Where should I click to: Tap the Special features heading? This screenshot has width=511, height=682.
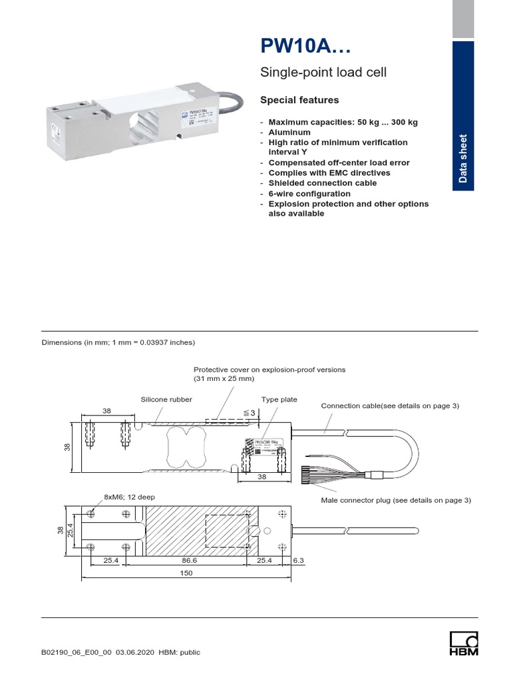pyautogui.click(x=299, y=100)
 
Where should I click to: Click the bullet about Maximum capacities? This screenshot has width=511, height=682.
pyautogui.click(x=344, y=123)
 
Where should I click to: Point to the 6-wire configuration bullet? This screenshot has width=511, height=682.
pyautogui.click(x=309, y=193)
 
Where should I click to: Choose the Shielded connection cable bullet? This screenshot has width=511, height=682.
pyautogui.click(x=322, y=182)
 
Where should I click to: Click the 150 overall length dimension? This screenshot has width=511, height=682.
pyautogui.click(x=186, y=573)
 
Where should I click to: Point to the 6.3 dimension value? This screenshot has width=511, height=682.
pyautogui.click(x=298, y=561)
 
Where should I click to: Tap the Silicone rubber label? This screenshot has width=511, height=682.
pyautogui.click(x=166, y=400)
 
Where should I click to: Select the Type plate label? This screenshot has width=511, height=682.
pyautogui.click(x=279, y=400)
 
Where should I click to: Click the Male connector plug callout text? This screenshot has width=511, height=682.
pyautogui.click(x=396, y=500)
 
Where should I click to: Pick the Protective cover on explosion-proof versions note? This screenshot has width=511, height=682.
pyautogui.click(x=269, y=374)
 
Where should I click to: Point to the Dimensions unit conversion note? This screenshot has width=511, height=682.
pyautogui.click(x=118, y=342)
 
